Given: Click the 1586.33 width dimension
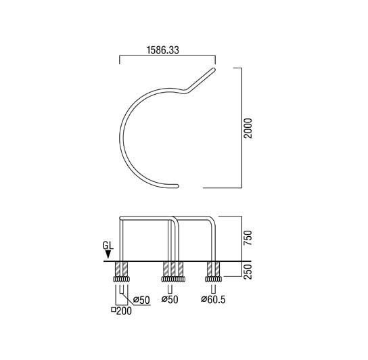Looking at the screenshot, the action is pyautogui.click(x=162, y=50).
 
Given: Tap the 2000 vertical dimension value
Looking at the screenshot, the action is pyautogui.click(x=248, y=128).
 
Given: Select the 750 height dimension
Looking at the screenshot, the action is pyautogui.click(x=248, y=238).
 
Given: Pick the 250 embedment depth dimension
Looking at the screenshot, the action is pyautogui.click(x=248, y=272).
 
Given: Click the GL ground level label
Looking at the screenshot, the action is pyautogui.click(x=108, y=246).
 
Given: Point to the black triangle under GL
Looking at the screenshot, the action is pyautogui.click(x=108, y=254).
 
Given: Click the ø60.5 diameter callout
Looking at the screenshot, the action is pyautogui.click(x=213, y=299).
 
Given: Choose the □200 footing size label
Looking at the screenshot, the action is pyautogui.click(x=121, y=311).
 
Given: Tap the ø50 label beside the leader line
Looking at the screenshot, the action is pyautogui.click(x=141, y=300).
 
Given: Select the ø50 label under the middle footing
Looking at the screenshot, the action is pyautogui.click(x=170, y=299).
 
